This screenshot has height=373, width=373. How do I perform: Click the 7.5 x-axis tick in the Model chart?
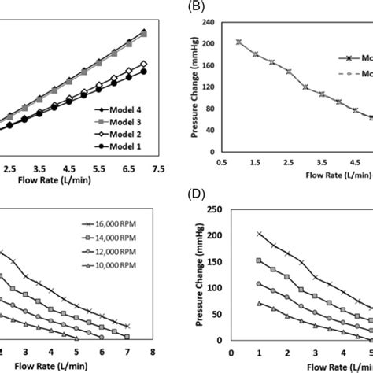point(158,168)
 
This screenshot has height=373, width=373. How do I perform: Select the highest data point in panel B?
point(238,42)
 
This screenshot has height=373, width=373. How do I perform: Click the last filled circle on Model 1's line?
point(144,72)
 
